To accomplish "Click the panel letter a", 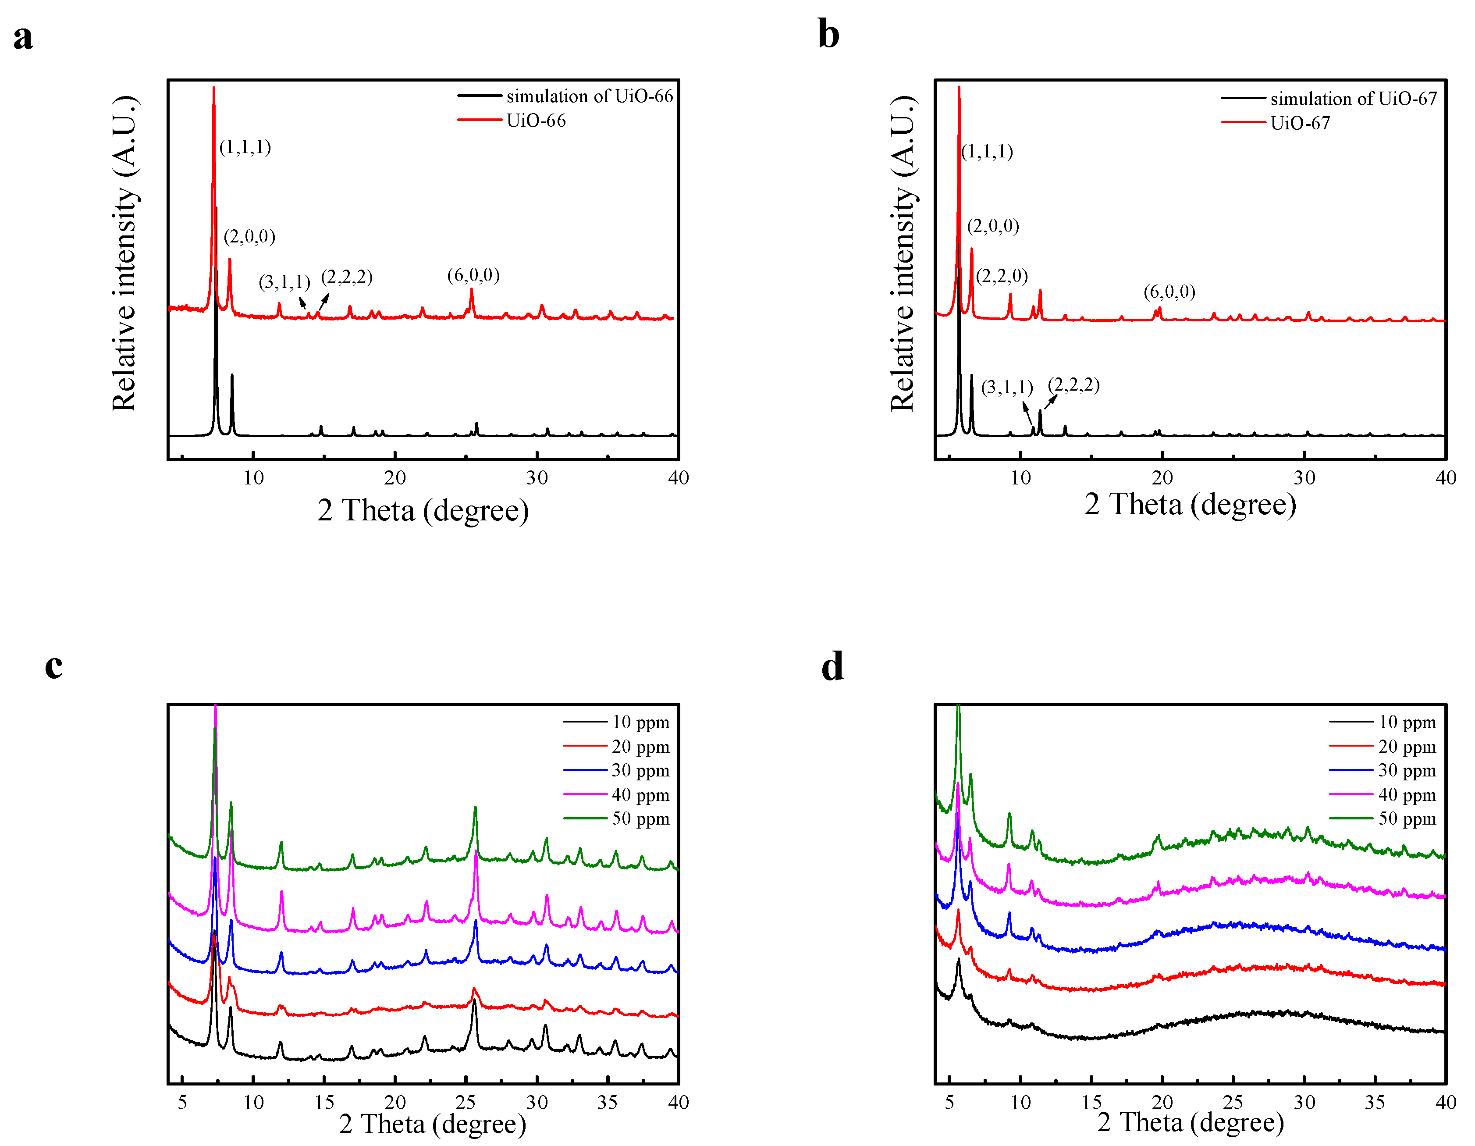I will coord(23,38).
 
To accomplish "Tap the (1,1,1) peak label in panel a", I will coord(245,147).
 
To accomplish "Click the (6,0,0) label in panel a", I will coord(473,275).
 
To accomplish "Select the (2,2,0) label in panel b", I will coord(1002,275).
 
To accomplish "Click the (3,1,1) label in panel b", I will coord(1006,387).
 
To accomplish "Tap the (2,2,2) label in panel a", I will coord(346,277).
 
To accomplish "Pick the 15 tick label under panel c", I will coord(324,1102).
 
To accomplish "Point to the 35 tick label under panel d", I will coord(1374,1102).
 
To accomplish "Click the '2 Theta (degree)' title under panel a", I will coord(423,511).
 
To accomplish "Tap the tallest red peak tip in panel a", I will coord(213,88).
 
